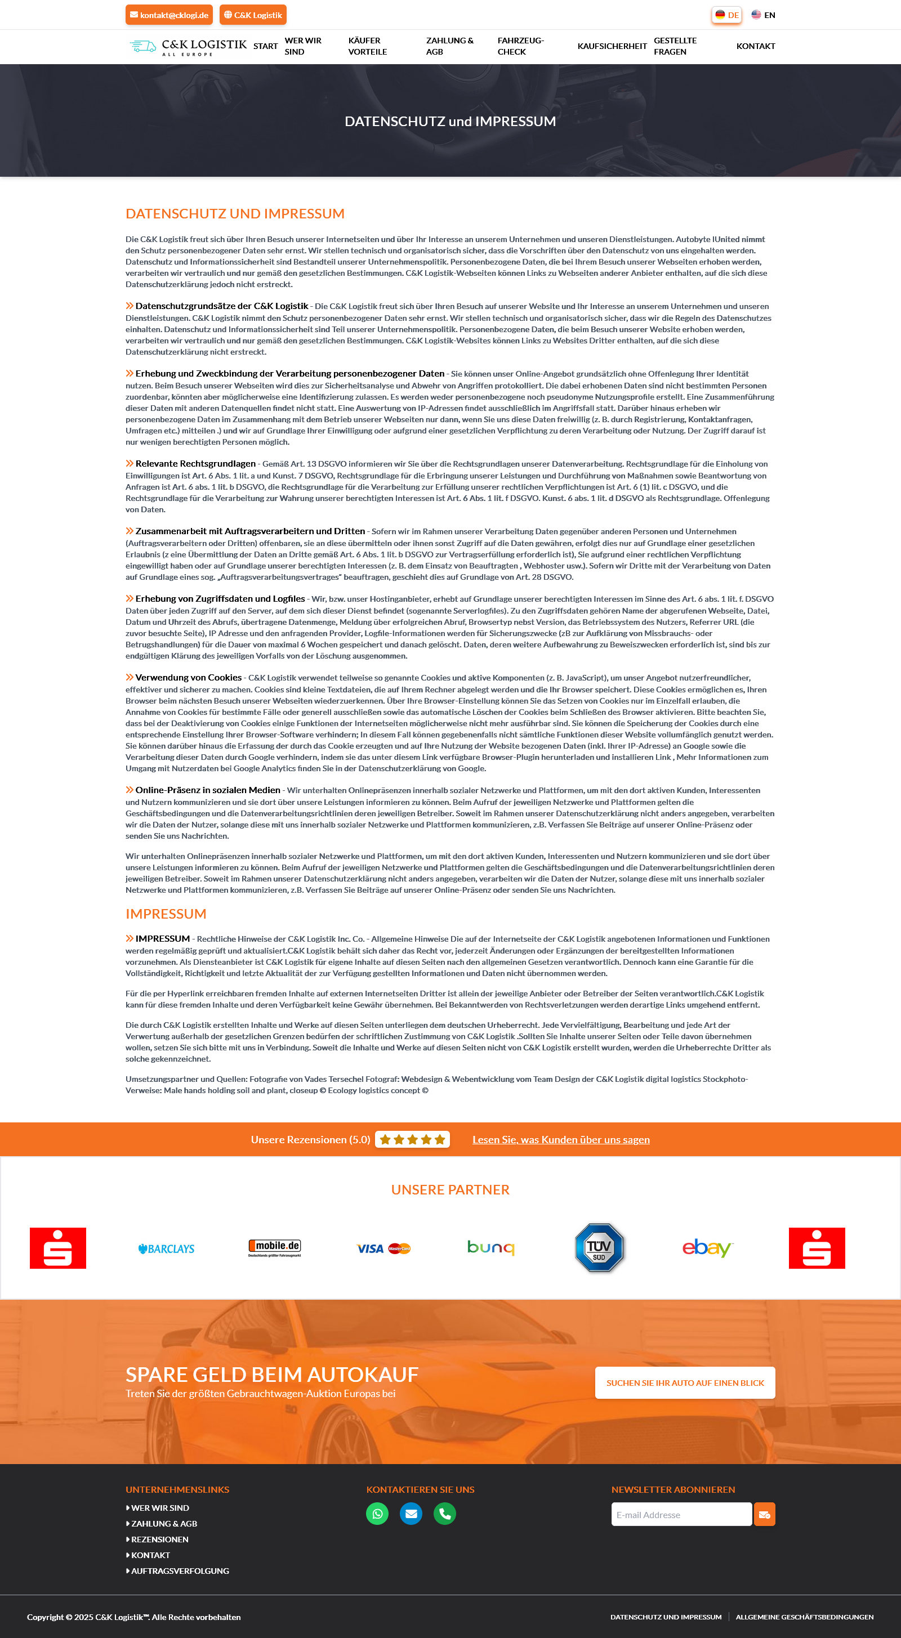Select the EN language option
pyautogui.click(x=763, y=15)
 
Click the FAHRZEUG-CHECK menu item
pyautogui.click(x=520, y=46)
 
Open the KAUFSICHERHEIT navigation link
pyautogui.click(x=612, y=46)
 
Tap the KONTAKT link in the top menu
pyautogui.click(x=755, y=46)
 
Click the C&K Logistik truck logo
pyautogui.click(x=188, y=46)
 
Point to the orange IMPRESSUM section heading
pyautogui.click(x=166, y=914)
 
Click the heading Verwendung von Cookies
pyautogui.click(x=188, y=677)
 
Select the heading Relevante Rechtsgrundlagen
pyautogui.click(x=195, y=464)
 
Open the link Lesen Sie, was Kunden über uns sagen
pyautogui.click(x=560, y=1139)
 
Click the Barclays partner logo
pyautogui.click(x=166, y=1249)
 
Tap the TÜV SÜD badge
pyautogui.click(x=599, y=1247)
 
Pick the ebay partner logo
pyautogui.click(x=707, y=1247)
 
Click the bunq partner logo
pyautogui.click(x=490, y=1247)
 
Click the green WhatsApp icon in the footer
pyautogui.click(x=377, y=1514)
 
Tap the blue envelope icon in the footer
pyautogui.click(x=411, y=1514)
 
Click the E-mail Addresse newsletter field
pyautogui.click(x=681, y=1515)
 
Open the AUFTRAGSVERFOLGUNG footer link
pyautogui.click(x=180, y=1570)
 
